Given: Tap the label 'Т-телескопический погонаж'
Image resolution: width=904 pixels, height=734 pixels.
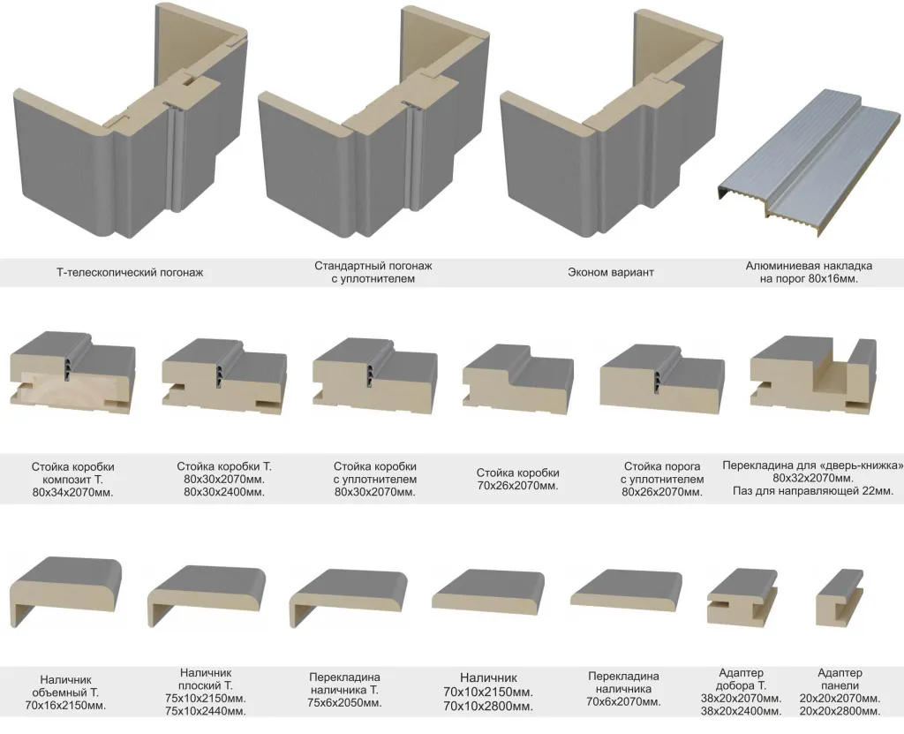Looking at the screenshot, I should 130,273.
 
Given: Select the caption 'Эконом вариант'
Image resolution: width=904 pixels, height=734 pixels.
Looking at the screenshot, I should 611,273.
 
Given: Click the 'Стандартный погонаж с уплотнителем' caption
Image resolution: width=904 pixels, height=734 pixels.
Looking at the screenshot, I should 373,272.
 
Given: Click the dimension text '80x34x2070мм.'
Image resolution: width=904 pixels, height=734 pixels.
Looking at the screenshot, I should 72,492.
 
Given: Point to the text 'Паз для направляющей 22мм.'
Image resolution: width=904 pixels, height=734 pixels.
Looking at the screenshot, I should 812,490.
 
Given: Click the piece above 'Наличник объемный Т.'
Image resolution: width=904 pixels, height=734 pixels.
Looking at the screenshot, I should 66,588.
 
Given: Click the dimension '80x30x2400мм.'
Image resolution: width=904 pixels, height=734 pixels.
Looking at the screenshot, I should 224,492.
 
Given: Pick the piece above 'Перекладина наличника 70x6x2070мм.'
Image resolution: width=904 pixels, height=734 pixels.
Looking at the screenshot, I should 625,593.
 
